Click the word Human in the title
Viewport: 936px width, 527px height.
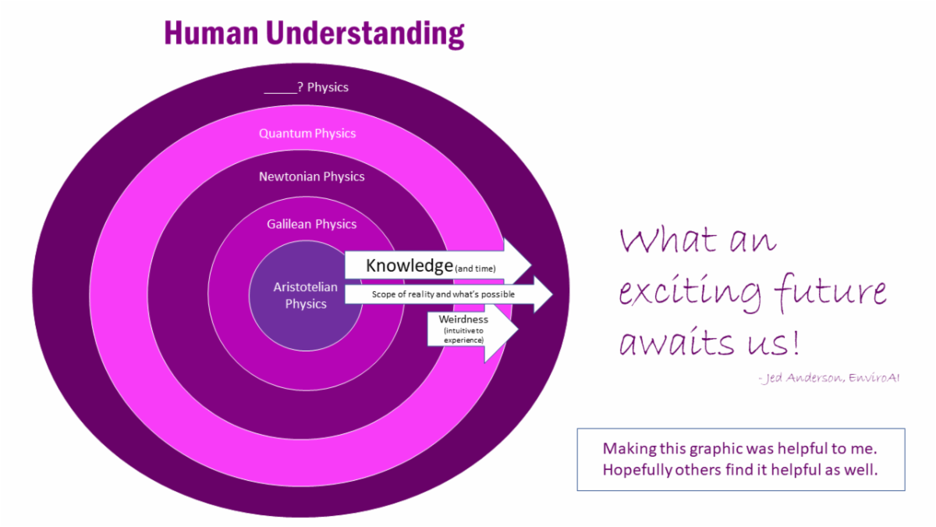(x=211, y=33)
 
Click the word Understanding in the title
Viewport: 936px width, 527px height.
(x=365, y=34)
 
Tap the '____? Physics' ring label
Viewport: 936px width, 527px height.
(x=307, y=87)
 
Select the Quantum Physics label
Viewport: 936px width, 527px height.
(x=307, y=134)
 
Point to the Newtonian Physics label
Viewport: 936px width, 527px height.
(x=312, y=177)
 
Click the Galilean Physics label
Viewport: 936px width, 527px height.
(x=312, y=224)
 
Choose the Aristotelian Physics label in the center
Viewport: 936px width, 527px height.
(x=306, y=295)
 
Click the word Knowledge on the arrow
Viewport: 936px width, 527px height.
(x=409, y=266)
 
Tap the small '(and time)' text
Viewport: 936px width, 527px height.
(x=475, y=269)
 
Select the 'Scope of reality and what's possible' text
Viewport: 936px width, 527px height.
(x=443, y=294)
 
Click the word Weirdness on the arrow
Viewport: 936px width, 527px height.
(x=463, y=319)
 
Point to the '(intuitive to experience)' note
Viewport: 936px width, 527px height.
(x=464, y=336)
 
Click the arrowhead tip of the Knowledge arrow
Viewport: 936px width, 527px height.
(x=531, y=265)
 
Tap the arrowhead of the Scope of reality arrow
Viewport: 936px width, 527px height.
(x=553, y=294)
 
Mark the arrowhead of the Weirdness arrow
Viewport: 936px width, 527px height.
(x=519, y=329)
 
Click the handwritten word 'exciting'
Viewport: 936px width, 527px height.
(x=689, y=293)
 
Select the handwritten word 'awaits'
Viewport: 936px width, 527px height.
(x=676, y=341)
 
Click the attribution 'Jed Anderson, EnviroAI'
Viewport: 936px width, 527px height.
(x=828, y=378)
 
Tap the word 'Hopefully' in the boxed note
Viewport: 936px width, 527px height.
(x=637, y=471)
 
